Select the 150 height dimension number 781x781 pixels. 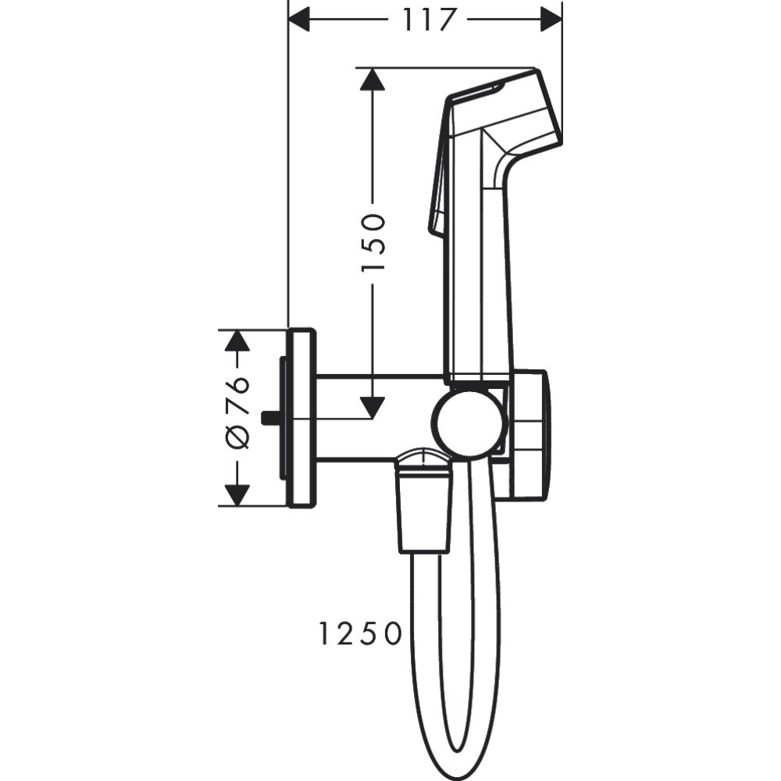coord(373,243)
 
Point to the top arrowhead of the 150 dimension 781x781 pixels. coord(373,80)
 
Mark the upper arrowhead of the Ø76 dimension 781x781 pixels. coord(237,341)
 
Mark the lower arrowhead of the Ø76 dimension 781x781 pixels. coord(237,494)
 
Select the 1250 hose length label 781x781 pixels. coord(359,633)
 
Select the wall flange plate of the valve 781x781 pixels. coord(301,418)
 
